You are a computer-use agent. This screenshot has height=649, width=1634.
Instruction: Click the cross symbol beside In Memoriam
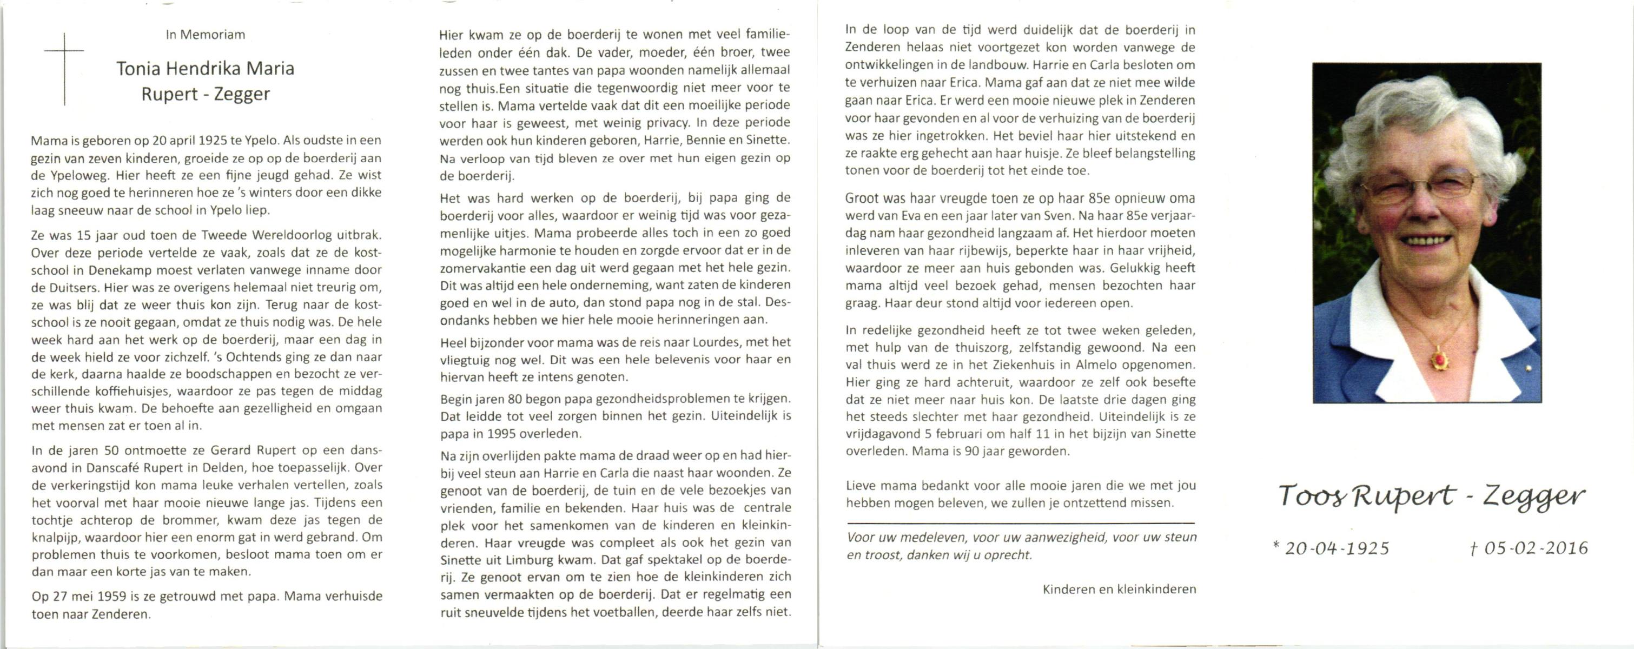pos(64,68)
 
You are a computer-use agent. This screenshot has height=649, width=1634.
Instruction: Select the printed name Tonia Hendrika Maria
pos(205,69)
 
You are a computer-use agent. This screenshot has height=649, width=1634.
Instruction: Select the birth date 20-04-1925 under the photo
pos(1337,548)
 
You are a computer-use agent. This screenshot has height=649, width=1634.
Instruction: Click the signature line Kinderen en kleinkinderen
pos(1119,590)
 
